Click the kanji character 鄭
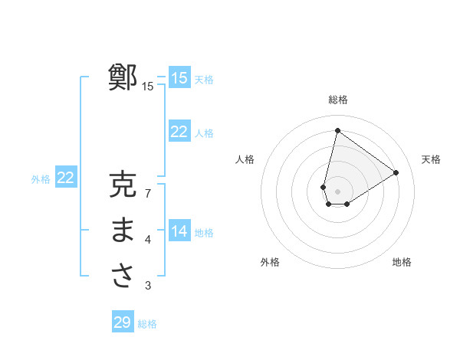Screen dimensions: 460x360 tap(123, 78)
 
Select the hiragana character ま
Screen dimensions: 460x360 tap(123, 231)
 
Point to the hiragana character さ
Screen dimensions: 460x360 tap(123, 276)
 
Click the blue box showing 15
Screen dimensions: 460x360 tap(179, 77)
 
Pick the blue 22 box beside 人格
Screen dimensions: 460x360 tap(179, 132)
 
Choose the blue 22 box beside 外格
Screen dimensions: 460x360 tap(66, 178)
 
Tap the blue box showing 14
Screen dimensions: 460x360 tap(179, 231)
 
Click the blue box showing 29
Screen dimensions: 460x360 tap(123, 322)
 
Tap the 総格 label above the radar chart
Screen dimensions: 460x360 tap(338, 100)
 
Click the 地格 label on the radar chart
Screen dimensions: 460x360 tap(402, 262)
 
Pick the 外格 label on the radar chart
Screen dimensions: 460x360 tap(270, 262)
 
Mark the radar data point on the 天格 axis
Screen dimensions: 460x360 tap(396, 172)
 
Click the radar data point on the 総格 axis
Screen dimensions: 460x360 tap(337, 131)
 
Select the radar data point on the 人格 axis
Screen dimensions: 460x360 tap(323, 187)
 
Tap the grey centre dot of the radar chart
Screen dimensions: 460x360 tap(338, 191)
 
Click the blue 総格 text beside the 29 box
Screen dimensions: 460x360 tap(147, 324)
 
